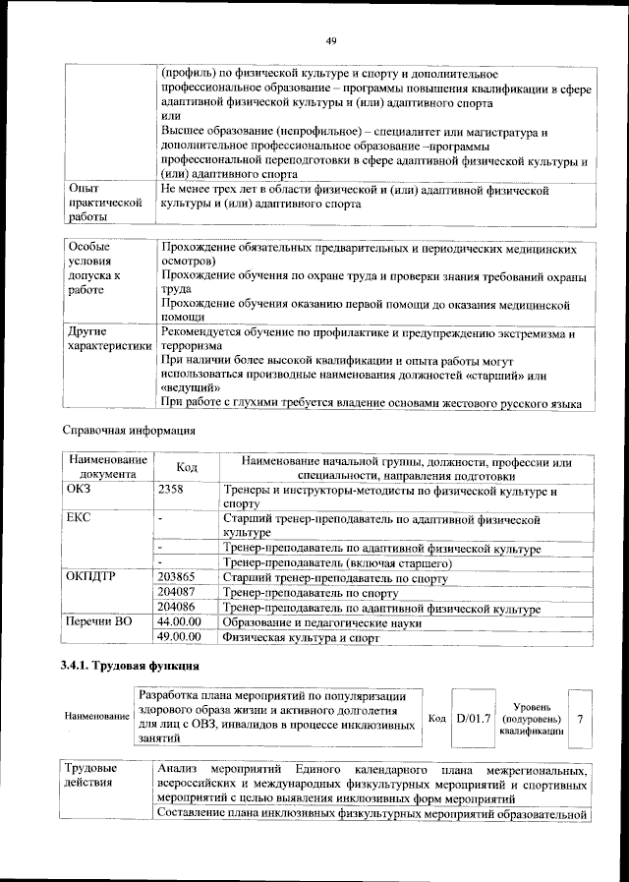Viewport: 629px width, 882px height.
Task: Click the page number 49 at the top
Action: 331,39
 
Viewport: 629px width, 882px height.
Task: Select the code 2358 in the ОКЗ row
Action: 171,489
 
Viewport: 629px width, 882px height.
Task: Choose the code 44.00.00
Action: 179,622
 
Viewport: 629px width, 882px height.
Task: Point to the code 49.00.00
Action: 179,637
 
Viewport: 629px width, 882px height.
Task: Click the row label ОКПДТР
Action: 91,577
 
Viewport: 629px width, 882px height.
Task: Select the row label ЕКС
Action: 79,517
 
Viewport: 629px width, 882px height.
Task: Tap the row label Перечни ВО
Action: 98,622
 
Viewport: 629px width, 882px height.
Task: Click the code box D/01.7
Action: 474,720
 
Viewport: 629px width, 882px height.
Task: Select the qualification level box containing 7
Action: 580,720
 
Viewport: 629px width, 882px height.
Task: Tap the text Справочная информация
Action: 129,430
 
